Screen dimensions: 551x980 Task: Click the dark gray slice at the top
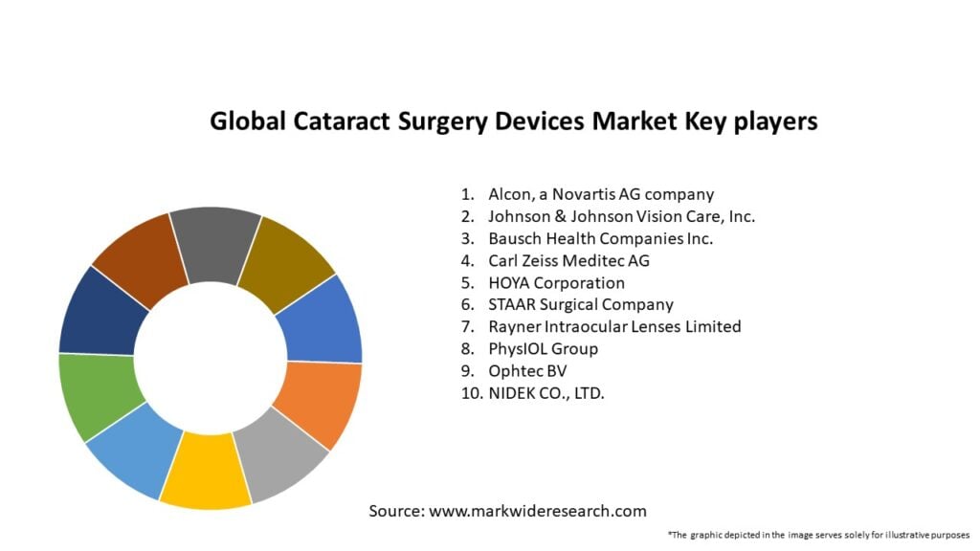tap(216, 242)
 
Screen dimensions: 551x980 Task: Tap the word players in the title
tap(770, 121)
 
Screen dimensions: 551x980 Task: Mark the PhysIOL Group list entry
tap(543, 348)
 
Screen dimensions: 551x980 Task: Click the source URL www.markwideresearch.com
tap(538, 511)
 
